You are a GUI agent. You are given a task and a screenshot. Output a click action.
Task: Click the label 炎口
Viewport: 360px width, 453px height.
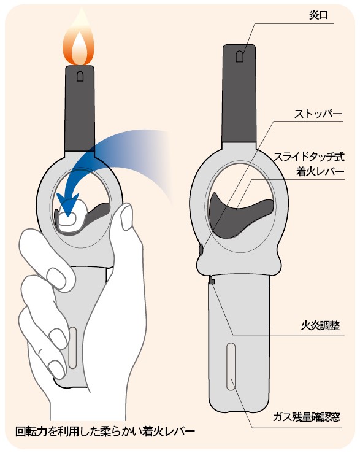click(318, 15)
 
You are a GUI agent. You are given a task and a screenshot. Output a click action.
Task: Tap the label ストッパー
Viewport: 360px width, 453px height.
click(318, 114)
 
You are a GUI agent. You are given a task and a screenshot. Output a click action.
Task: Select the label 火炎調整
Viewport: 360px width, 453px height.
click(320, 325)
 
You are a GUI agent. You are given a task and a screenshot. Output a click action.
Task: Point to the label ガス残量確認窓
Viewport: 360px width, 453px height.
click(307, 417)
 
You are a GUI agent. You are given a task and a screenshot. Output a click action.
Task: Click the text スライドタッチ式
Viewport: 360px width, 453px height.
click(309, 157)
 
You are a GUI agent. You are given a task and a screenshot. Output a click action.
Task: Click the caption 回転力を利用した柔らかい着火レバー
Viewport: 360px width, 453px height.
click(105, 432)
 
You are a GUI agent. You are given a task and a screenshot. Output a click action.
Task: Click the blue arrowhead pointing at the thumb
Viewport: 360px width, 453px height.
click(67, 204)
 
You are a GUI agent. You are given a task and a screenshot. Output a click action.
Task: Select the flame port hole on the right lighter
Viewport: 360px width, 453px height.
click(239, 56)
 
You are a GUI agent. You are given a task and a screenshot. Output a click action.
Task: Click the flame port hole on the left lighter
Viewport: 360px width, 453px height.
click(80, 76)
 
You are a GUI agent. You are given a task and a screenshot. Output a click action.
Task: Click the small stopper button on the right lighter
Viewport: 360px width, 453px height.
click(201, 249)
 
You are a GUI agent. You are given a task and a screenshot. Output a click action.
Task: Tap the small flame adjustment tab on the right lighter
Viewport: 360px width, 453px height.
click(212, 280)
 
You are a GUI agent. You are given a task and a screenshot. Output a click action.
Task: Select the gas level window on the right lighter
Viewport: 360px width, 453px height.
click(231, 366)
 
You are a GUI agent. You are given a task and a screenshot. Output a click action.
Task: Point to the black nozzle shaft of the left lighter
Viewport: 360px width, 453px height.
click(80, 108)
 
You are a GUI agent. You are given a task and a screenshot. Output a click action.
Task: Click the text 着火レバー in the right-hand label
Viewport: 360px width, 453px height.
click(321, 172)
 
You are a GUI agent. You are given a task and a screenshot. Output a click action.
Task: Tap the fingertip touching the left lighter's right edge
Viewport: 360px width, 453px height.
click(126, 217)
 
